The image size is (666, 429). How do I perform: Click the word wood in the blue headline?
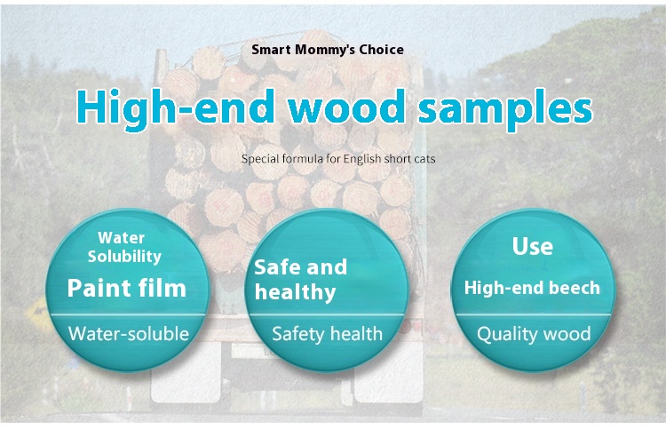click(x=345, y=107)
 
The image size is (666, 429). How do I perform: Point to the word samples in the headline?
click(x=505, y=109)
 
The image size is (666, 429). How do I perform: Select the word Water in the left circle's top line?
click(x=121, y=238)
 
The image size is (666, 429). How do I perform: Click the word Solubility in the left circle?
click(x=124, y=257)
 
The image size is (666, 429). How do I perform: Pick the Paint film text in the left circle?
click(x=127, y=288)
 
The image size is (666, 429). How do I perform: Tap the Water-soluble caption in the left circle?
click(x=128, y=334)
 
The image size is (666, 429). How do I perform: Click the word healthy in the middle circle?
click(x=295, y=292)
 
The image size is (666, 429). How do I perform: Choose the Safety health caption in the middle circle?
click(x=327, y=334)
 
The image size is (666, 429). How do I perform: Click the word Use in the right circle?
click(x=533, y=246)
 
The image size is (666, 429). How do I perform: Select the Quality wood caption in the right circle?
click(x=534, y=334)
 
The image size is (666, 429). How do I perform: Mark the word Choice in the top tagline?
click(x=382, y=50)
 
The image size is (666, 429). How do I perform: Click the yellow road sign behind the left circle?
click(x=37, y=314)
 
